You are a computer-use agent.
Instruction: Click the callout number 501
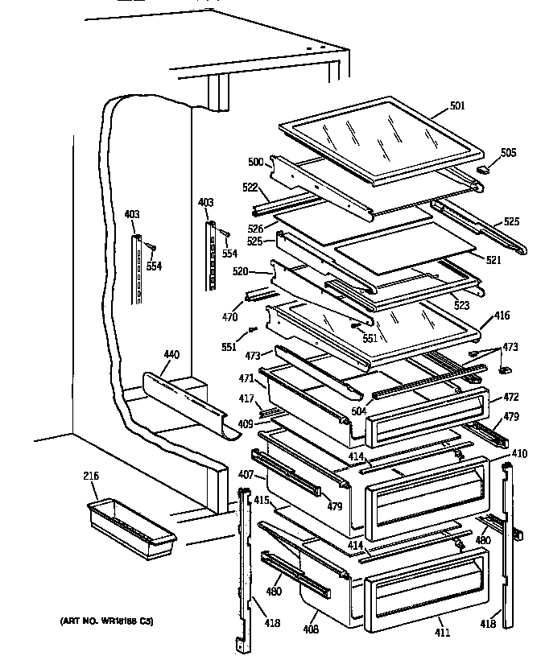click(x=458, y=105)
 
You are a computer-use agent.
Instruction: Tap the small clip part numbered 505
click(x=483, y=170)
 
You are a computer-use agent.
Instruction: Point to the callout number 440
click(x=171, y=355)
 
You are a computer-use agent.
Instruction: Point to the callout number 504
click(x=359, y=411)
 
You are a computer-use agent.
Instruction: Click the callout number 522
click(x=249, y=187)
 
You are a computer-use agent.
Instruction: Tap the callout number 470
click(x=230, y=316)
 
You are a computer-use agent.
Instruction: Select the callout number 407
click(x=246, y=475)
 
